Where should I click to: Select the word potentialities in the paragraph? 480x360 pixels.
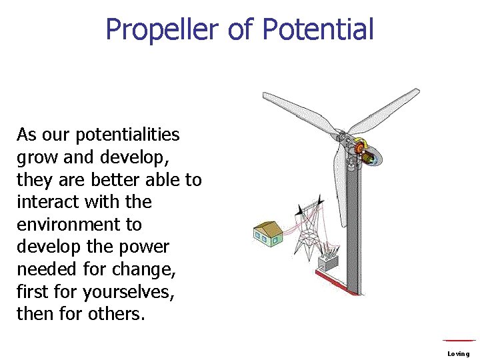[127, 135]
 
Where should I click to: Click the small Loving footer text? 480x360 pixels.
[459, 353]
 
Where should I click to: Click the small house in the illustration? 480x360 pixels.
[267, 233]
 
